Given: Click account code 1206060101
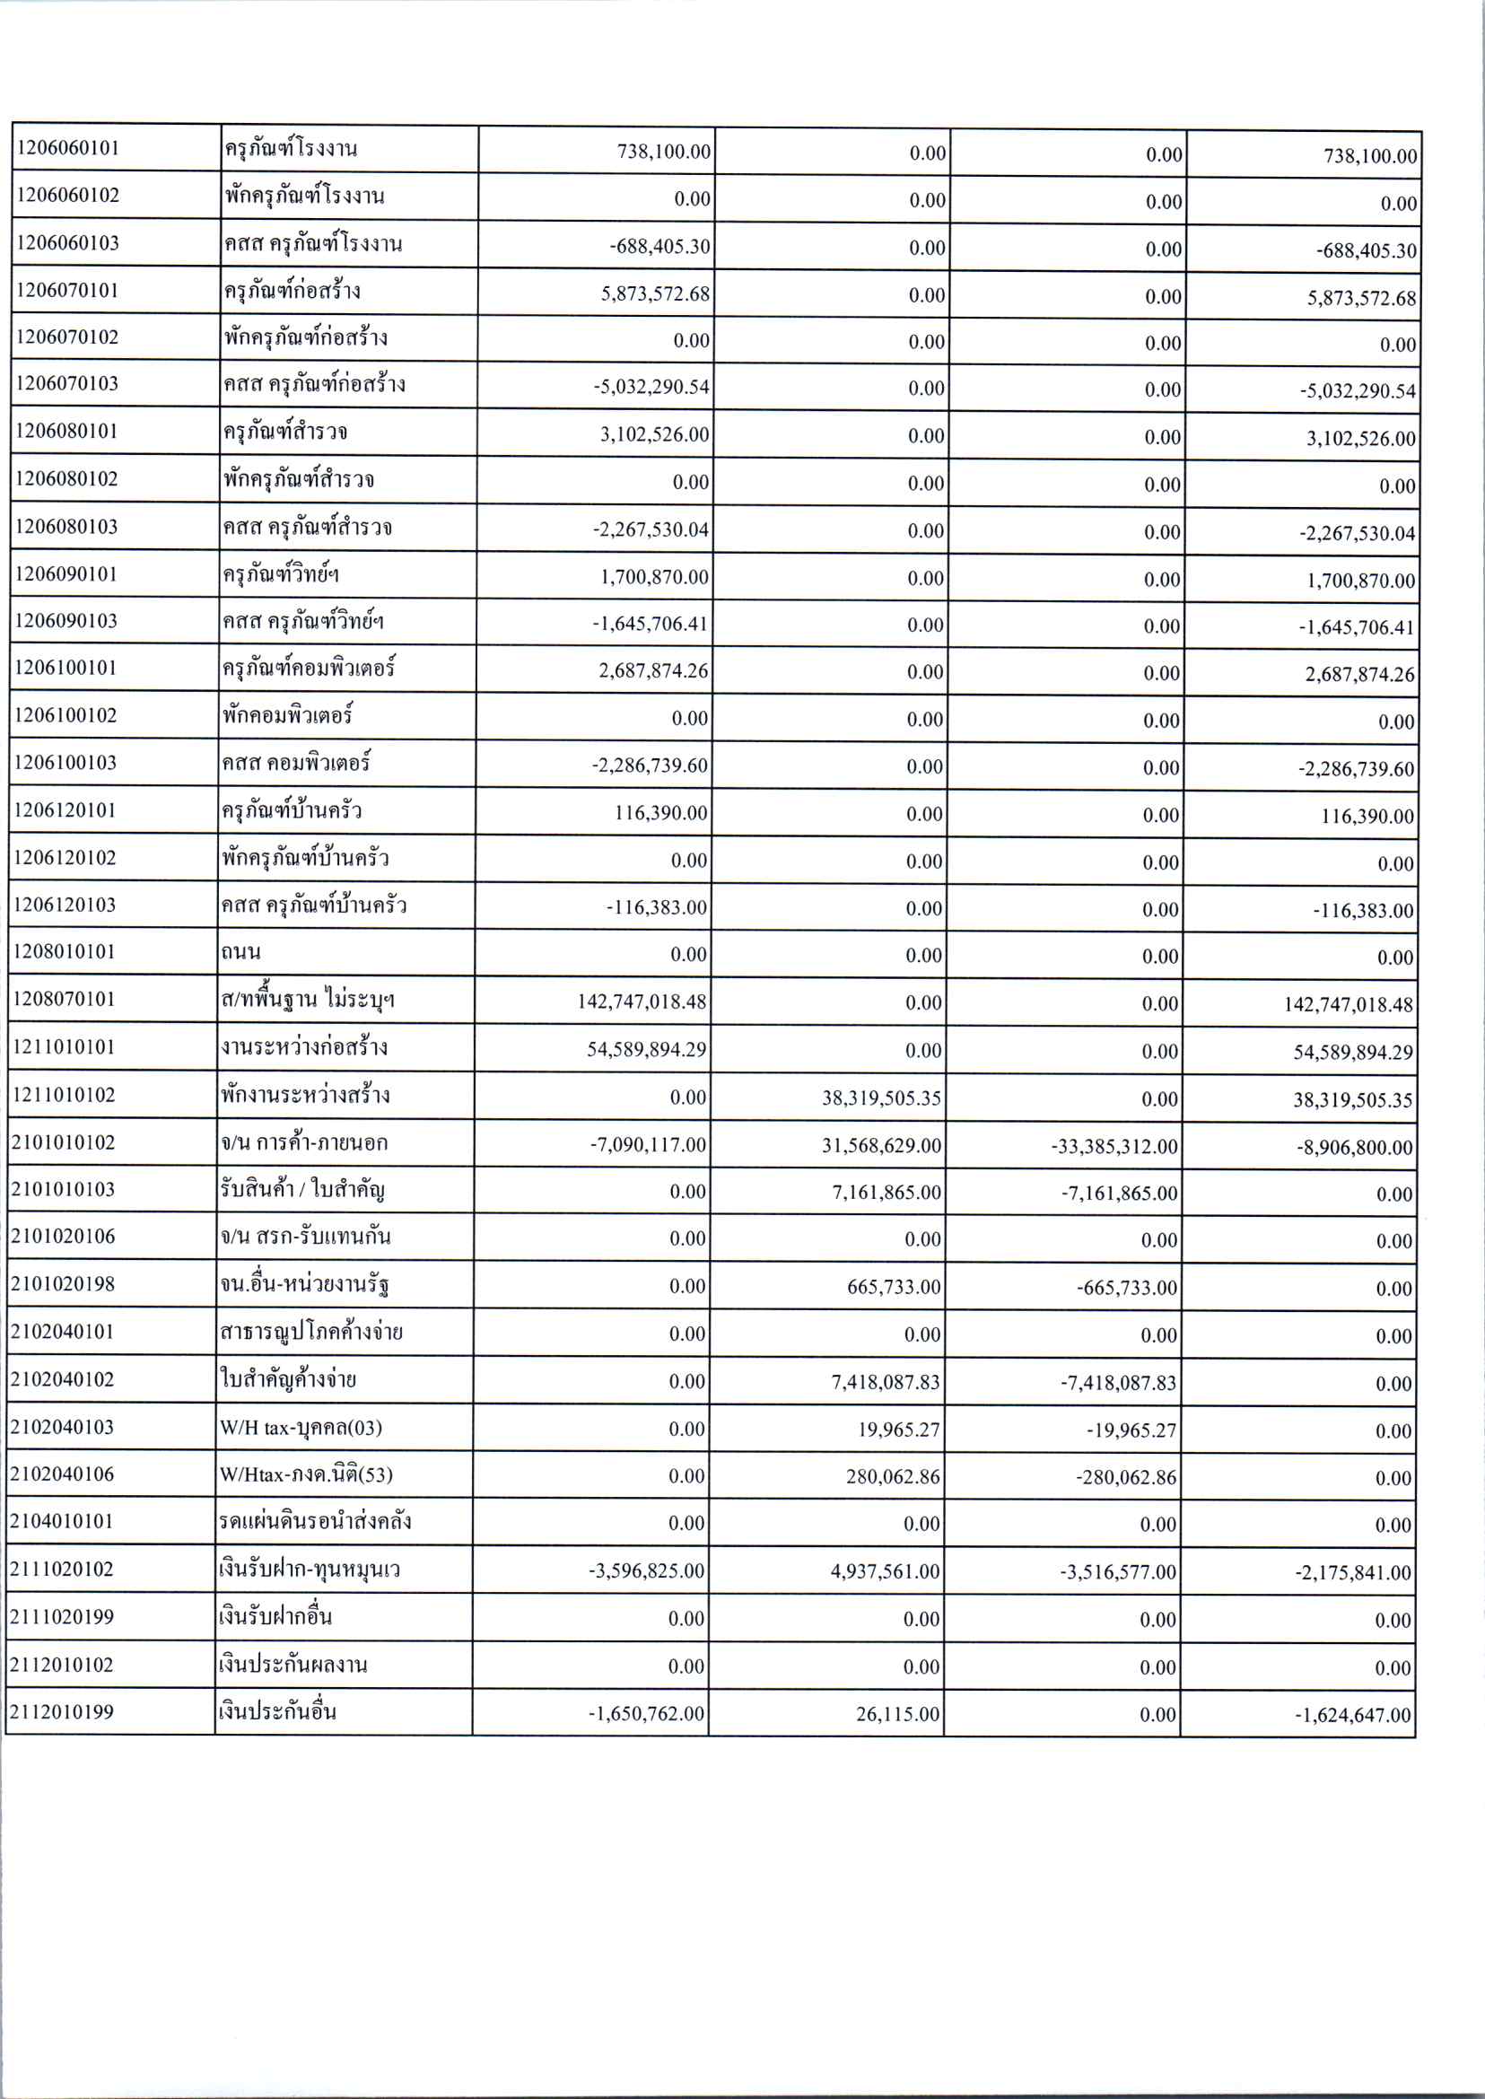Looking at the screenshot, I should click(68, 148).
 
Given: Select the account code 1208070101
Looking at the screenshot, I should click(64, 999).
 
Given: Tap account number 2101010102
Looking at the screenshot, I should click(63, 1141).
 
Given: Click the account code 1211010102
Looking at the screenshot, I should click(64, 1094).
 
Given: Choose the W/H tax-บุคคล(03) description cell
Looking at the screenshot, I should click(301, 1427).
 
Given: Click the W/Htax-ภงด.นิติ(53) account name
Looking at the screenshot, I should click(306, 1474).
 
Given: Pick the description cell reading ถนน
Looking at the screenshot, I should click(240, 952).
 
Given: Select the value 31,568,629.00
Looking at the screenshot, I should click(881, 1145).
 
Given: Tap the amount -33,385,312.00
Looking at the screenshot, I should click(1114, 1146).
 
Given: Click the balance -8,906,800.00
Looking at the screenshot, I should click(1354, 1147).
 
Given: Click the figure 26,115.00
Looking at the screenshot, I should click(898, 1714).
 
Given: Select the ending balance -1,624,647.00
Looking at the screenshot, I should click(1352, 1715).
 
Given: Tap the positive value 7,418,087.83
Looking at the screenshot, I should click(885, 1382).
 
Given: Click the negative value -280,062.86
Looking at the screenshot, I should click(1125, 1477).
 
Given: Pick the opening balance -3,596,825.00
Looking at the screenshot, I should click(646, 1571).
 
